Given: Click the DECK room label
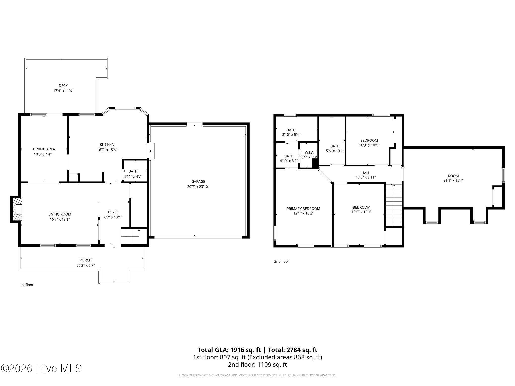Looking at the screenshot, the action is pos(63,86).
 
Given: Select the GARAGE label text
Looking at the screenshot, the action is pos(198,181).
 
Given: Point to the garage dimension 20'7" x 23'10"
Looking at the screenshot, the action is pos(198,187).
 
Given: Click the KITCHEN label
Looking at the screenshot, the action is pos(107,144).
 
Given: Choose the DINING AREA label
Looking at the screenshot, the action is pos(44,149).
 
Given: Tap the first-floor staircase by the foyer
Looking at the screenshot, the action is pos(130,236).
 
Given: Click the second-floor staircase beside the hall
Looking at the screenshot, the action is pos(394,205).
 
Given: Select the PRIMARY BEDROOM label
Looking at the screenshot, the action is pos(303,209).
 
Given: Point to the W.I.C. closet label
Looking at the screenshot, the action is pos(309,153).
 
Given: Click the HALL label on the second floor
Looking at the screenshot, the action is pos(366,173).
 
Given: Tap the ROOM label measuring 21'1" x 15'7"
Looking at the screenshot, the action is pos(453,176).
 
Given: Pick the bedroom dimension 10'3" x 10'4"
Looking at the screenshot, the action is pos(369,145).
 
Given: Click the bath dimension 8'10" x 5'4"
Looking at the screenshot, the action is pos(291,134).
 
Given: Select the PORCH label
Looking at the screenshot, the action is pos(85,260).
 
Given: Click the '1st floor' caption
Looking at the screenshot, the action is pos(27,285).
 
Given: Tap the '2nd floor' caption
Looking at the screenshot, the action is pos(282,261).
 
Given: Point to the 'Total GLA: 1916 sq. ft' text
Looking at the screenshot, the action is pos(229,350).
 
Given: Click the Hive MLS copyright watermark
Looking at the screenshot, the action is pos(41,368).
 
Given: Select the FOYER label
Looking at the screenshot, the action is pos(113,212).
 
